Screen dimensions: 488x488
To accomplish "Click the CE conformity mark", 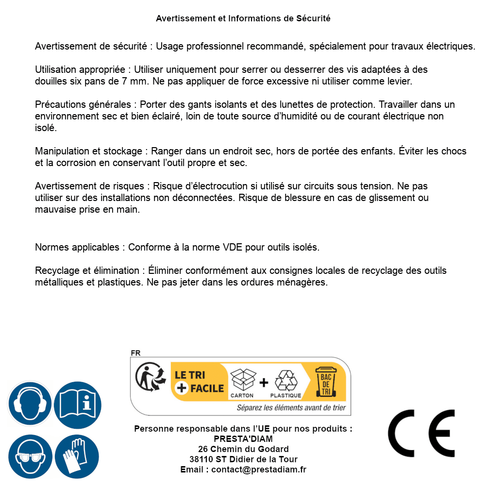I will (x=421, y=433).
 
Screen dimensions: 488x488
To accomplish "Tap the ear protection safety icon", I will (x=30, y=404).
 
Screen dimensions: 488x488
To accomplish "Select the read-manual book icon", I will (x=78, y=404).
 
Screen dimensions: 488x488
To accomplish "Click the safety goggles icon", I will (x=30, y=456).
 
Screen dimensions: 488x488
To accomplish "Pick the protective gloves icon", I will (x=78, y=456).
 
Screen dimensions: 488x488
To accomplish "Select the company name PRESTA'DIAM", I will (x=243, y=439).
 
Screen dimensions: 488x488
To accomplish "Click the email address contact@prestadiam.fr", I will (x=259, y=470).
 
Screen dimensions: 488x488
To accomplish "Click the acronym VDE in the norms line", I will (x=233, y=247).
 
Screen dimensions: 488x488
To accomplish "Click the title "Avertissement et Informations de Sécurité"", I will (x=243, y=18).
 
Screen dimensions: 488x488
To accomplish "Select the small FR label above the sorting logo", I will (x=135, y=353).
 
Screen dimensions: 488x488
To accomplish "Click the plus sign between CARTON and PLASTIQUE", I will (x=264, y=383).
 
